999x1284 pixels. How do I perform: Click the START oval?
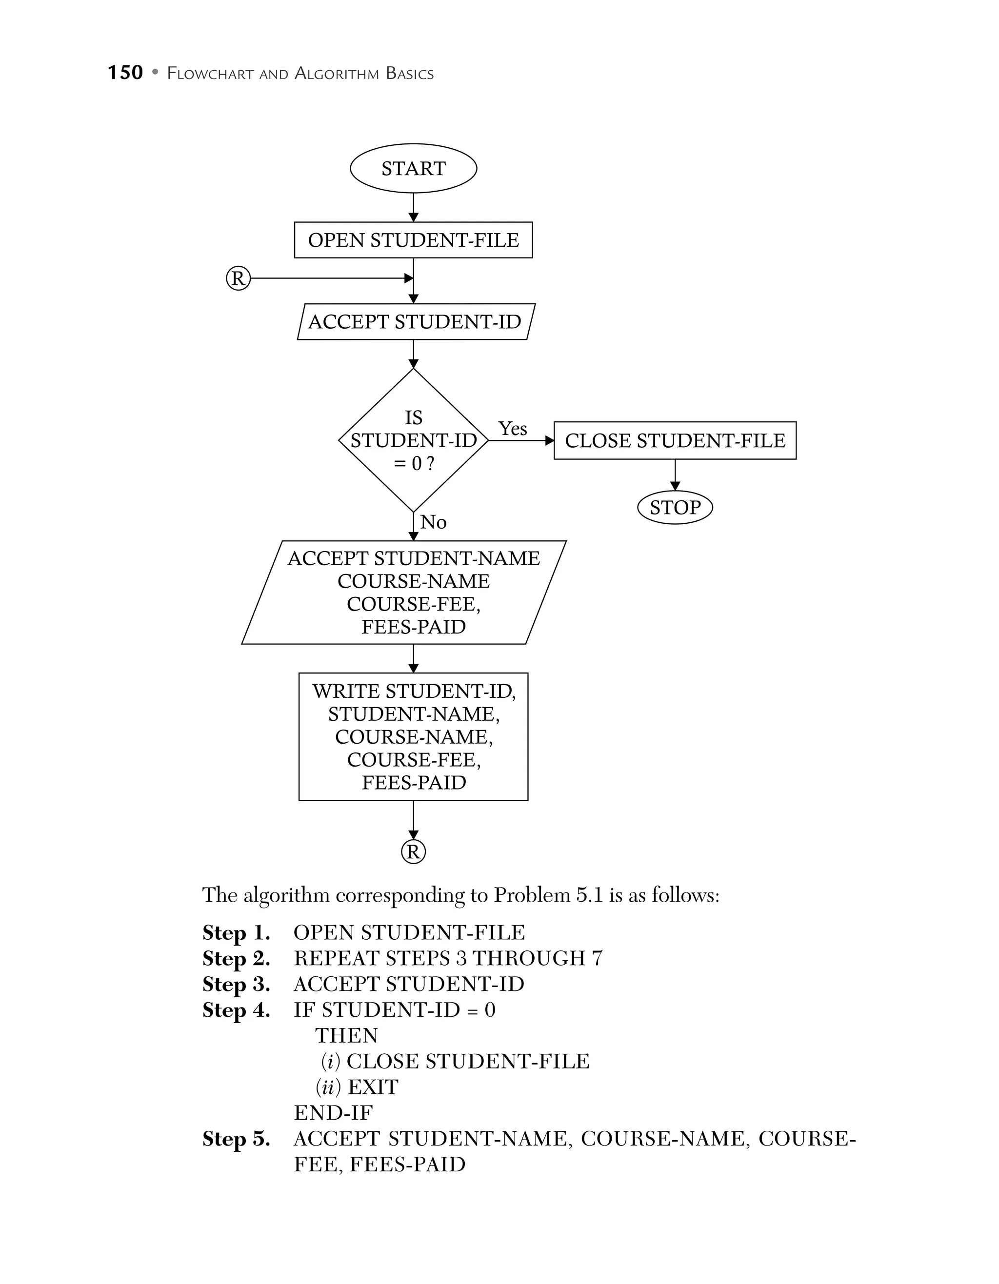pyautogui.click(x=413, y=169)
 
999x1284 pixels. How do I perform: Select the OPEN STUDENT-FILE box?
pyautogui.click(x=413, y=240)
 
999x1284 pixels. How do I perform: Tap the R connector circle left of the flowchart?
pyautogui.click(x=238, y=278)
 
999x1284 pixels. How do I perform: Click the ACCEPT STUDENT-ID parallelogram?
pyautogui.click(x=415, y=321)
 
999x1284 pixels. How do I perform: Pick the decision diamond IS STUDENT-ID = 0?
pyautogui.click(x=413, y=440)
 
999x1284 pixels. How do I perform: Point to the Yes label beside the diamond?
pyautogui.click(x=512, y=429)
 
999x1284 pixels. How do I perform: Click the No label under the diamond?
pyautogui.click(x=433, y=522)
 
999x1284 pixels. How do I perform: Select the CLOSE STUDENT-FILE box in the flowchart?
pyautogui.click(x=675, y=440)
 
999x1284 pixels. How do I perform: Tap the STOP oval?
pyautogui.click(x=675, y=507)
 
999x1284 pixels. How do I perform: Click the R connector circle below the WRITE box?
pyautogui.click(x=413, y=852)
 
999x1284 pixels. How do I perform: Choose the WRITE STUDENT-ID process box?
pyautogui.click(x=413, y=737)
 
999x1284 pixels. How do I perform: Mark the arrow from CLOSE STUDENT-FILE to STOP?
pyautogui.click(x=675, y=474)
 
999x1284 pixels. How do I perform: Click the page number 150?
pyautogui.click(x=125, y=73)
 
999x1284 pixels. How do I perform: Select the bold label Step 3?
pyautogui.click(x=236, y=984)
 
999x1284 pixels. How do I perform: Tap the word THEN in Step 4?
pyautogui.click(x=346, y=1036)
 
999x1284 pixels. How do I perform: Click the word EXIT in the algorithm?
pyautogui.click(x=373, y=1087)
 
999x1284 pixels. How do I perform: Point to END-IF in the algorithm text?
pyautogui.click(x=333, y=1113)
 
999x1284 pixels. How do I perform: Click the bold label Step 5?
pyautogui.click(x=236, y=1139)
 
